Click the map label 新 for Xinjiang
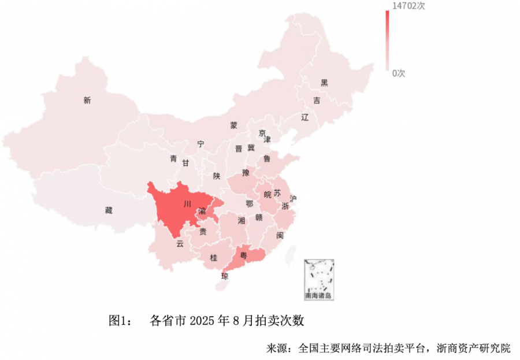pyautogui.click(x=87, y=101)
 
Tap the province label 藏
pyautogui.click(x=109, y=210)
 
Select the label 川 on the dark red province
pyautogui.click(x=187, y=204)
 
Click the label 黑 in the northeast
pyautogui.click(x=324, y=83)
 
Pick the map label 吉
pyautogui.click(x=316, y=101)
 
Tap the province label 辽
pyautogui.click(x=305, y=117)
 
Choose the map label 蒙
pyautogui.click(x=233, y=125)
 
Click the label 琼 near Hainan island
pyautogui.click(x=225, y=276)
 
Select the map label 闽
pyautogui.click(x=280, y=236)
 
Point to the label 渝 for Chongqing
pyautogui.click(x=202, y=212)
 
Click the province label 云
pyautogui.click(x=180, y=244)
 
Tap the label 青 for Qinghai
pyautogui.click(x=173, y=159)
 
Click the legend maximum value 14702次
pyautogui.click(x=408, y=6)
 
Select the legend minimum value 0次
pyautogui.click(x=399, y=73)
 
